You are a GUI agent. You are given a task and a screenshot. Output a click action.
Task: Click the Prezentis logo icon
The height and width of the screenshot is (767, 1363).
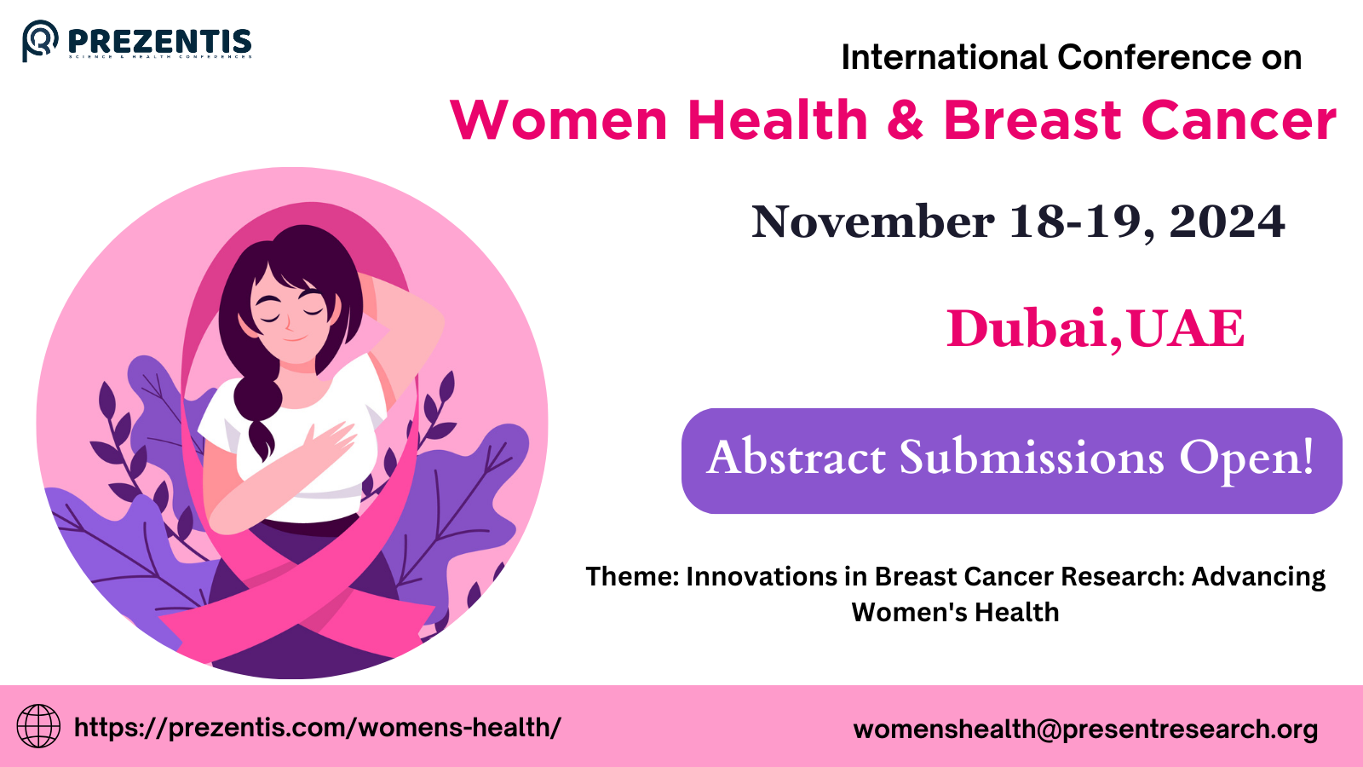click(40, 40)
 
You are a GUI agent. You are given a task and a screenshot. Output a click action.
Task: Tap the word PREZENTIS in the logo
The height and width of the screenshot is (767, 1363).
click(159, 41)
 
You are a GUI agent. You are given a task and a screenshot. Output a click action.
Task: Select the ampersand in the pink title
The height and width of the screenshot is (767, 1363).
click(905, 120)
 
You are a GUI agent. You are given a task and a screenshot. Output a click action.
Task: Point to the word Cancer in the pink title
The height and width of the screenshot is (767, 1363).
click(1239, 120)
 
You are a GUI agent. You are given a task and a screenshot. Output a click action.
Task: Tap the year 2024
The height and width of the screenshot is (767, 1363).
click(1227, 222)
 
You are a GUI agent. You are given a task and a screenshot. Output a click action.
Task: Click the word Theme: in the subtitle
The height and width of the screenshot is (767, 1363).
click(631, 577)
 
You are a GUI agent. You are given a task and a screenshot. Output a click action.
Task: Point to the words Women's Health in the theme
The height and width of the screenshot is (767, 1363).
click(955, 613)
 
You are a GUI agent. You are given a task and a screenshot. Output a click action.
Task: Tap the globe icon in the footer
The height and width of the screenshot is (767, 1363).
click(38, 726)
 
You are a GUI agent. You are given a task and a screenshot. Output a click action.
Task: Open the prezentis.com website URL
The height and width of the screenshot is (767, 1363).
click(317, 728)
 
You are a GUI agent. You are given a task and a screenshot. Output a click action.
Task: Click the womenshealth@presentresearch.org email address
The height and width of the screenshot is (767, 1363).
click(1085, 730)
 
